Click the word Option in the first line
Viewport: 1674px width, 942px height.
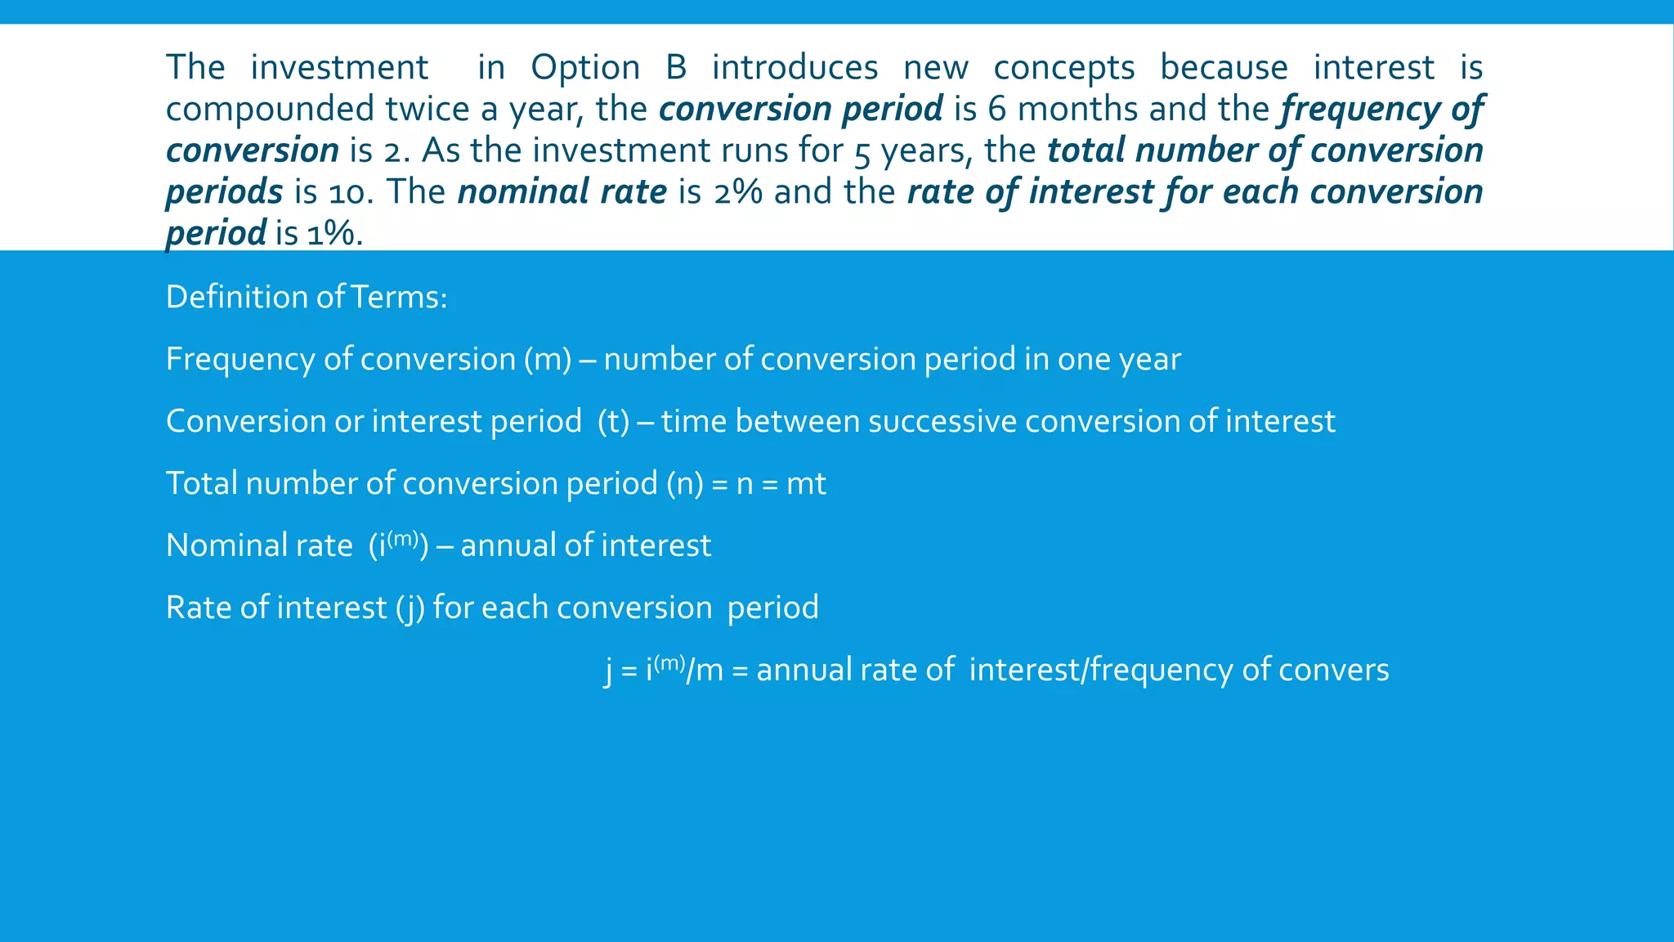tap(585, 67)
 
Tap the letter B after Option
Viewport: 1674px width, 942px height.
tap(676, 67)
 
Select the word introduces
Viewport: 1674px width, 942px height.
tap(794, 67)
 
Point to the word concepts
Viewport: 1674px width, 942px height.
tap(1064, 67)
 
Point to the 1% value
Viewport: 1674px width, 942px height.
tap(331, 235)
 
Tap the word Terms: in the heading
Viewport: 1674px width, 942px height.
tap(399, 297)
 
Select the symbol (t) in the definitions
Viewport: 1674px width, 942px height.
tap(613, 422)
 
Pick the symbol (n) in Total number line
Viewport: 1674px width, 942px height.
tap(684, 484)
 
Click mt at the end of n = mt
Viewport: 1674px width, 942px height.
tap(806, 484)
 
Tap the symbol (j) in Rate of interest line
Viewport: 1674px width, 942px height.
tap(410, 608)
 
